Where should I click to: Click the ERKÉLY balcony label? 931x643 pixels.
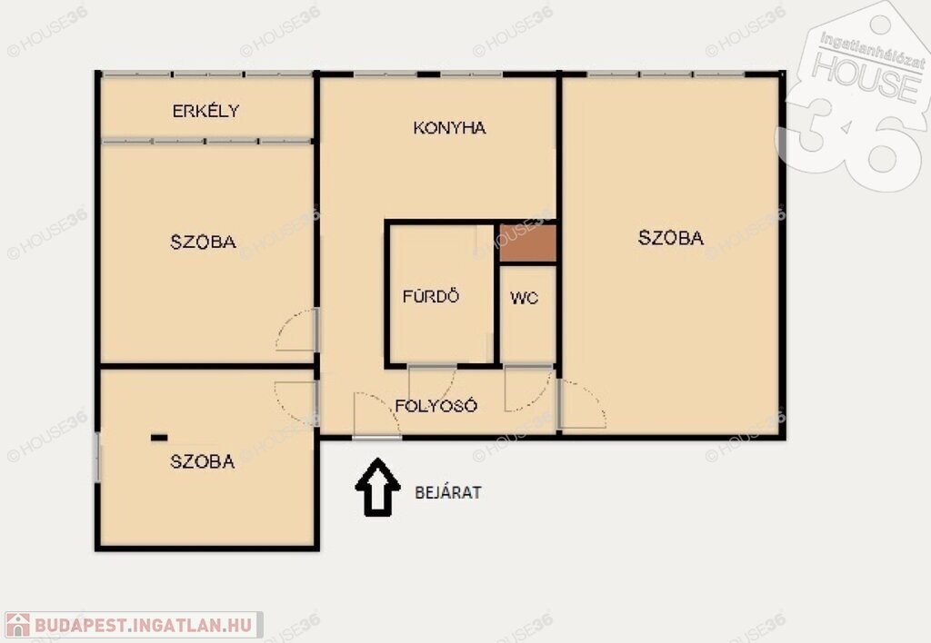pyautogui.click(x=206, y=110)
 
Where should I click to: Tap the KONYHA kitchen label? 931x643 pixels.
pyautogui.click(x=449, y=127)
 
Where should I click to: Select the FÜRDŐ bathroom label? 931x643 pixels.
pyautogui.click(x=431, y=295)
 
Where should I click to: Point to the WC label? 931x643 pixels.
pyautogui.click(x=525, y=298)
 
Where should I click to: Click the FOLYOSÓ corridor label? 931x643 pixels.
pyautogui.click(x=436, y=405)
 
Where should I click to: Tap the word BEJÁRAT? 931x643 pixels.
pyautogui.click(x=448, y=492)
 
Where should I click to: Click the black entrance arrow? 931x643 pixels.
pyautogui.click(x=377, y=487)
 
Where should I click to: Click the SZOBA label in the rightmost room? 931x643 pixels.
pyautogui.click(x=671, y=237)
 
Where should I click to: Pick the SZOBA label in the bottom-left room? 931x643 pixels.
pyautogui.click(x=203, y=460)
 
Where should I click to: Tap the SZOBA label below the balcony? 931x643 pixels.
pyautogui.click(x=203, y=242)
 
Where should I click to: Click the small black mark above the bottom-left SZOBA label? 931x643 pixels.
pyautogui.click(x=159, y=438)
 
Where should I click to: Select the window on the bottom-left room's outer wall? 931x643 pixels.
pyautogui.click(x=98, y=458)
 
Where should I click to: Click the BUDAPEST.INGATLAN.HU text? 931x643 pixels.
pyautogui.click(x=143, y=625)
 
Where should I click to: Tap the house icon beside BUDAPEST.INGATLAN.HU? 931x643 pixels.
pyautogui.click(x=18, y=625)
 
